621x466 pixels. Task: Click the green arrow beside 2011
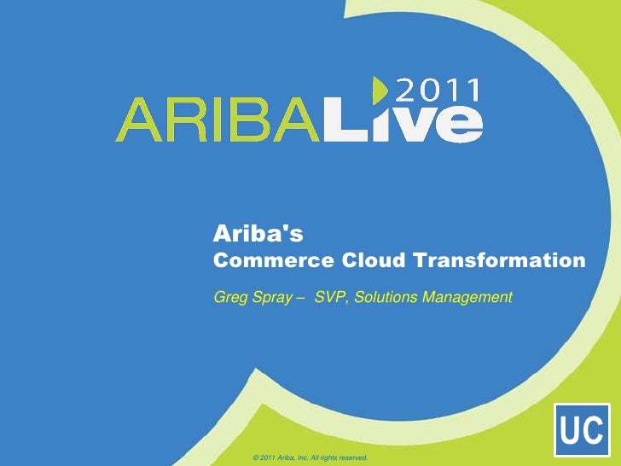[x=380, y=90]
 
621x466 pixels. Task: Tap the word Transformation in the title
[x=502, y=259]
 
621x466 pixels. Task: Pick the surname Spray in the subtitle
[x=272, y=298]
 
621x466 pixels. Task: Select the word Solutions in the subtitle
[x=386, y=297]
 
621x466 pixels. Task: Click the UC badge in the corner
[x=582, y=432]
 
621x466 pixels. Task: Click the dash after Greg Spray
[x=299, y=298]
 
